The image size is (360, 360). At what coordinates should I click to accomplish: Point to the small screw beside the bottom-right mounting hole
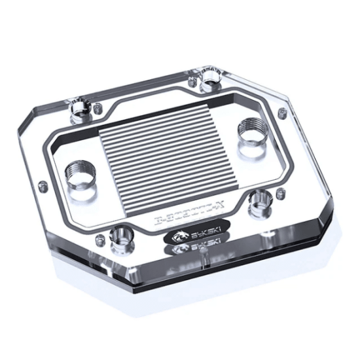tap(281, 192)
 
